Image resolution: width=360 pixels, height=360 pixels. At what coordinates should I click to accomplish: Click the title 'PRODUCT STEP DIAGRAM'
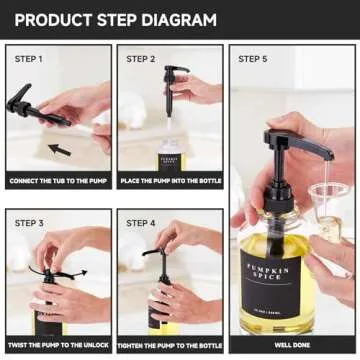click(x=114, y=19)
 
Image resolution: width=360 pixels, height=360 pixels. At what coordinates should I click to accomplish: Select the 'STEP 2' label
click(x=141, y=59)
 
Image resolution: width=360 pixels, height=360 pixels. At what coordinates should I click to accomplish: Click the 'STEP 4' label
click(x=141, y=223)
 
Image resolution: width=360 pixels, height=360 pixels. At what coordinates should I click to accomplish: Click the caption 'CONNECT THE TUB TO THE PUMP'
click(x=58, y=181)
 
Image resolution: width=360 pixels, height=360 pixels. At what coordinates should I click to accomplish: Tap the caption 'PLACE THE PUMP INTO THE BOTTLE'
click(x=170, y=181)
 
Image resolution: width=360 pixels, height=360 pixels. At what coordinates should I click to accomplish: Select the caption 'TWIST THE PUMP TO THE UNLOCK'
click(x=58, y=344)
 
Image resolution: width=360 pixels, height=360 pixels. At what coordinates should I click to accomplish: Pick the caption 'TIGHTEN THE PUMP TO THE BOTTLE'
click(x=170, y=344)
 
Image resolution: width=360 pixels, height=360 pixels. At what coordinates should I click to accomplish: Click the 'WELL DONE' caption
click(x=291, y=344)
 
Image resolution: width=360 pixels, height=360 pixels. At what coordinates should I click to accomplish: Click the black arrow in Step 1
click(x=60, y=149)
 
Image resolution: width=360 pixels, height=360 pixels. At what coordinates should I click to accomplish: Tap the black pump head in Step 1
click(x=25, y=100)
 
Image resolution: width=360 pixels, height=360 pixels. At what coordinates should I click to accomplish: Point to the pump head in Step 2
click(x=176, y=76)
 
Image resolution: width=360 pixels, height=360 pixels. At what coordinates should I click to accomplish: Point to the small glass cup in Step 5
click(x=326, y=195)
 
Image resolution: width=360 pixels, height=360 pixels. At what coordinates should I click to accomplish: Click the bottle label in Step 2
click(x=170, y=159)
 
